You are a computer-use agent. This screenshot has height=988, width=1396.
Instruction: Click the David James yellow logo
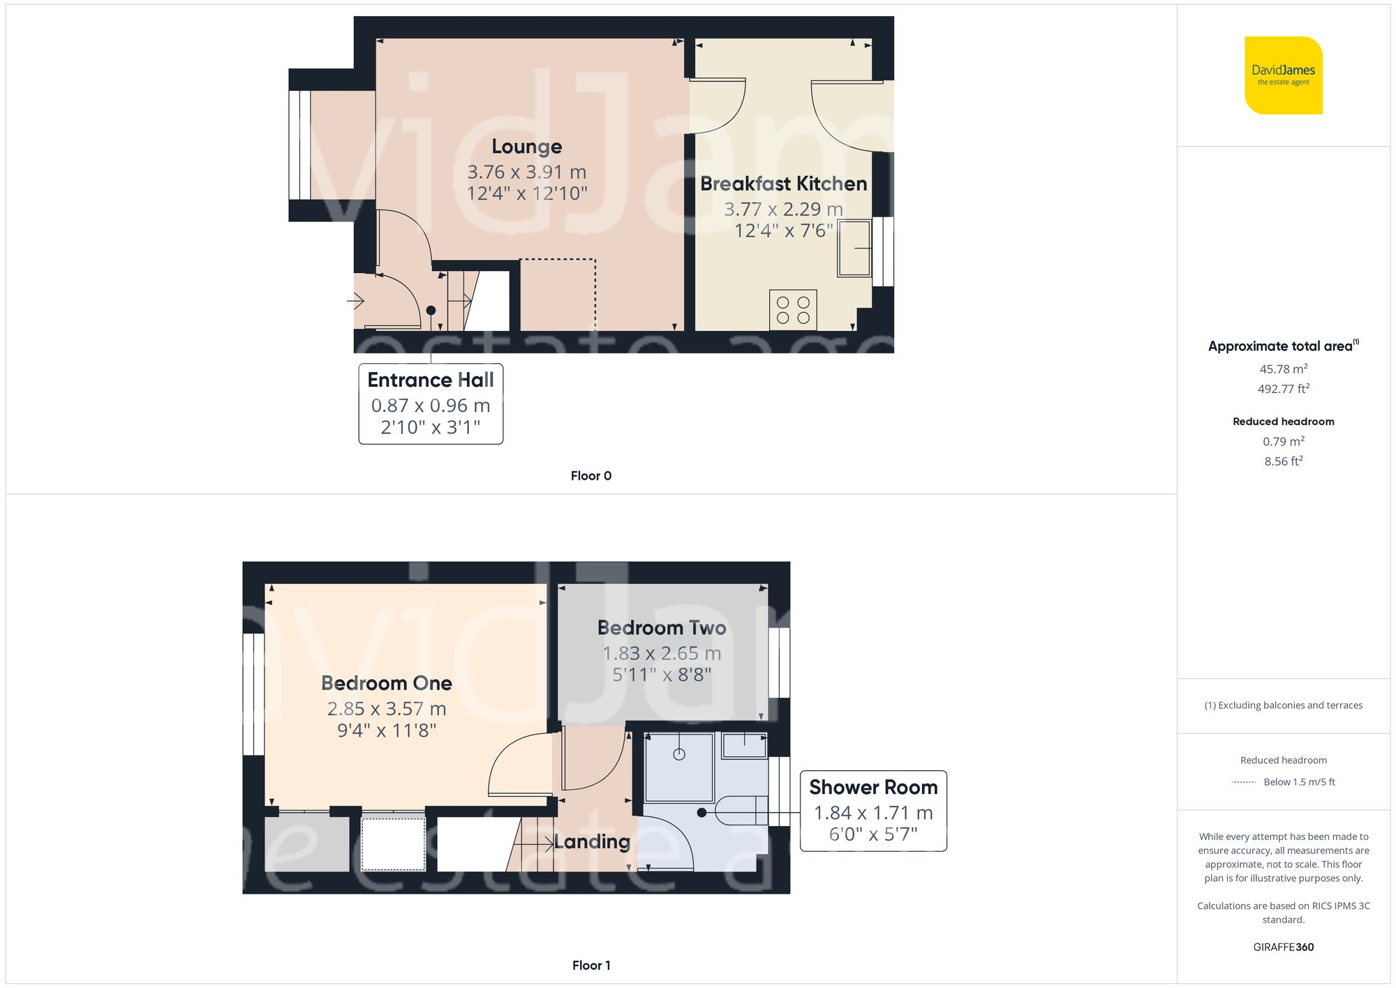pyautogui.click(x=1283, y=75)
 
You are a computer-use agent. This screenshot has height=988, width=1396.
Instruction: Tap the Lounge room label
pyautogui.click(x=526, y=147)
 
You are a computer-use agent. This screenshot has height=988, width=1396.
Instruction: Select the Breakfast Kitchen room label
pyautogui.click(x=783, y=184)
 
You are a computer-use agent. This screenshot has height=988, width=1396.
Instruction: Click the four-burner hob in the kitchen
pyautogui.click(x=793, y=310)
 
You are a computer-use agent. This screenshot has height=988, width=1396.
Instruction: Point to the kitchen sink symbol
pyautogui.click(x=854, y=248)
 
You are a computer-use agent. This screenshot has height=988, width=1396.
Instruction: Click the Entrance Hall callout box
pyautogui.click(x=431, y=404)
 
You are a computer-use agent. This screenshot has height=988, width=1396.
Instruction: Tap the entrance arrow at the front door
pyautogui.click(x=356, y=302)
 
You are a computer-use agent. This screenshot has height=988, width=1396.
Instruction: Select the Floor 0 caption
pyautogui.click(x=591, y=475)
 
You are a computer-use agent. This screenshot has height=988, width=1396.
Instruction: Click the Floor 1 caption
pyautogui.click(x=591, y=965)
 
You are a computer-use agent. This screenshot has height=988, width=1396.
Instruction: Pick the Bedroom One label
pyautogui.click(x=386, y=683)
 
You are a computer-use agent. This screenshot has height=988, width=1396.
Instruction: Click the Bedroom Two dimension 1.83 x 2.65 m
pyautogui.click(x=662, y=654)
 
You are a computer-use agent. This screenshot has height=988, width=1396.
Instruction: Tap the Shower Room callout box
pyautogui.click(x=872, y=811)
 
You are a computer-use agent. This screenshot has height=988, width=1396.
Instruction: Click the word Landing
pyautogui.click(x=592, y=841)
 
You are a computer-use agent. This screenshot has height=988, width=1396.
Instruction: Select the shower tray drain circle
pyautogui.click(x=679, y=754)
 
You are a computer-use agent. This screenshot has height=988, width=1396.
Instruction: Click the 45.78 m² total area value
pyautogui.click(x=1283, y=369)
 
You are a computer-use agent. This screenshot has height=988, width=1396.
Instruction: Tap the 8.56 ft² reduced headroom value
pyautogui.click(x=1283, y=461)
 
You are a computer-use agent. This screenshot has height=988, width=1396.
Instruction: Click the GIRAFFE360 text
pyautogui.click(x=1283, y=947)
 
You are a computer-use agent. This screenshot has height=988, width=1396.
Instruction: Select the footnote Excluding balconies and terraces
pyautogui.click(x=1283, y=705)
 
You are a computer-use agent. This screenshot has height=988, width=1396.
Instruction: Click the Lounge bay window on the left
pyautogui.click(x=300, y=145)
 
